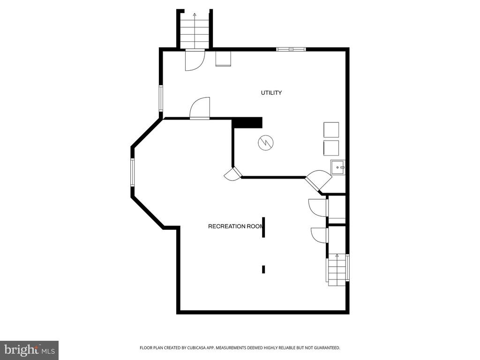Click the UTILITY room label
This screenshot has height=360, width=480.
(x=271, y=93)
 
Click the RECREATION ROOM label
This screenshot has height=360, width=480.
(x=236, y=226)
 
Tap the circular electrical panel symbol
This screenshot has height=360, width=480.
(x=265, y=142)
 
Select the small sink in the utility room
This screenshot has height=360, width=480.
(x=337, y=167)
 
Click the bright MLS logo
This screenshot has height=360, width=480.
(x=30, y=349)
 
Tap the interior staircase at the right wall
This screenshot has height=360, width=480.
(x=337, y=270)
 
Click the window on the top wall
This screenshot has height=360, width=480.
(x=291, y=49)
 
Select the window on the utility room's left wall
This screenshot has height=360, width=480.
(x=161, y=98)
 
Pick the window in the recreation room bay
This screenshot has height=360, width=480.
(x=133, y=172)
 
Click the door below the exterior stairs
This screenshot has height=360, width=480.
(x=195, y=60)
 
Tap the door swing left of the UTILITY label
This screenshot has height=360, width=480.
(x=200, y=108)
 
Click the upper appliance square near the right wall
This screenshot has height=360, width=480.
(x=331, y=130)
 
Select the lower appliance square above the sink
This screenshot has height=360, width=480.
(x=331, y=148)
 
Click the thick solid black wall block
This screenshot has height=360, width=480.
(x=247, y=122)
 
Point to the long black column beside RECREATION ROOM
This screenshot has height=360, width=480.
(x=263, y=227)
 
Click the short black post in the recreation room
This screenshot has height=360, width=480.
(x=263, y=270)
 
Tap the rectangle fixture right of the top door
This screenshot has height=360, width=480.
(x=223, y=59)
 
